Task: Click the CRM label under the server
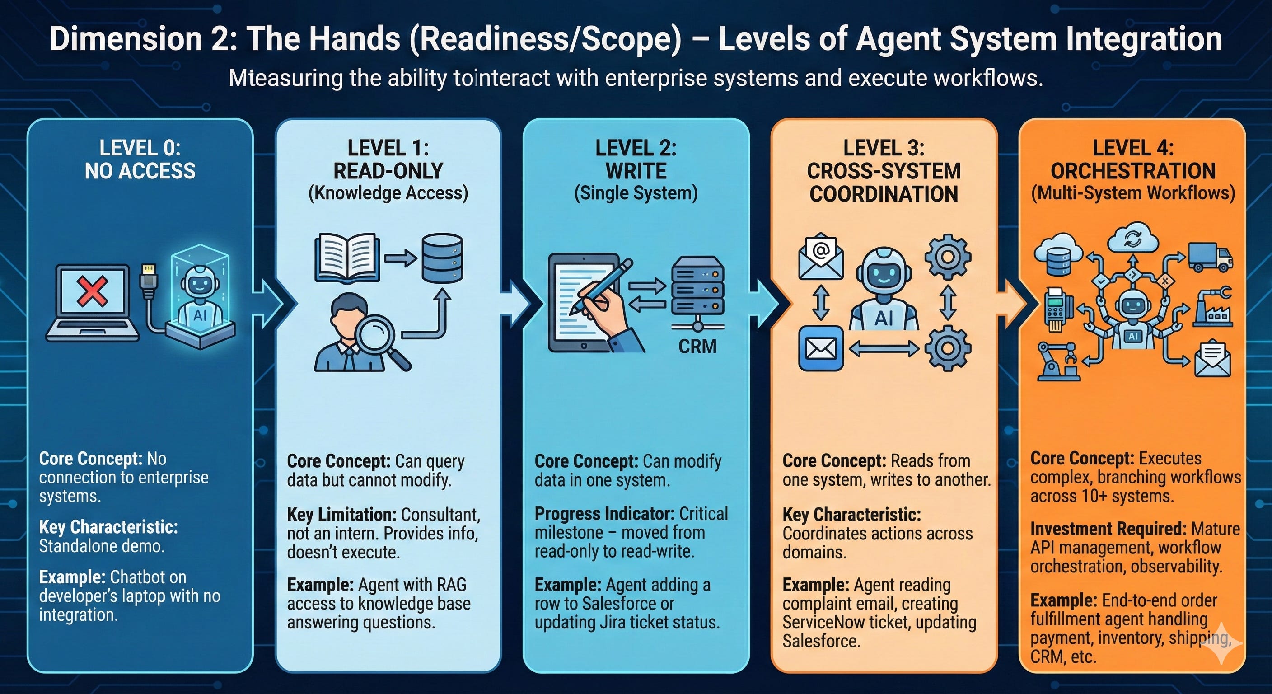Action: pos(697,346)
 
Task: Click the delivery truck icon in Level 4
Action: pos(1210,258)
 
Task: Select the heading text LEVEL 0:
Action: pos(140,148)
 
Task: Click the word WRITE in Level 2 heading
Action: pos(636,171)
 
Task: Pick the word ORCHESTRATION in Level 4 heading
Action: pos(1133,171)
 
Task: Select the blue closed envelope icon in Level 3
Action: pos(821,348)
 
